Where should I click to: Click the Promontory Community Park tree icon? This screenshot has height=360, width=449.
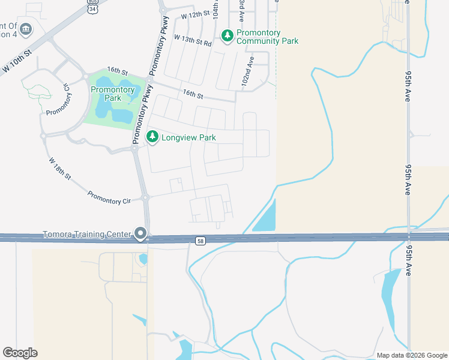227,37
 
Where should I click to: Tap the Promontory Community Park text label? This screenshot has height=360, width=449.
267,37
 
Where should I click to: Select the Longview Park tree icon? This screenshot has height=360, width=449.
153,137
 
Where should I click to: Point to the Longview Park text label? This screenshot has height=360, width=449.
188,137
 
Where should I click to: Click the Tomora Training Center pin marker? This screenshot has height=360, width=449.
141,233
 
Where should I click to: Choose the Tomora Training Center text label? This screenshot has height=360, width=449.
87,234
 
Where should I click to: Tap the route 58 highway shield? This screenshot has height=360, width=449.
200,241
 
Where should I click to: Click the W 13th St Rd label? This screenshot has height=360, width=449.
193,40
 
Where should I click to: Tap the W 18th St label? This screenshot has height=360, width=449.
60,169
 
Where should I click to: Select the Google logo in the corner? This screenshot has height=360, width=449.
20,353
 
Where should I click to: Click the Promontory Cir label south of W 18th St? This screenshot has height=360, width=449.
109,197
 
